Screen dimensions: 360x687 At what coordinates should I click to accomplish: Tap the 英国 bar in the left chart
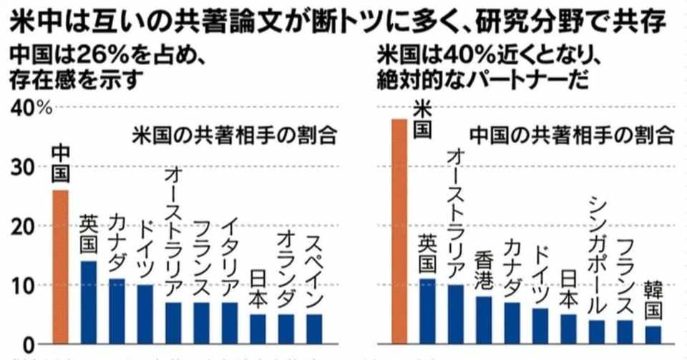89,301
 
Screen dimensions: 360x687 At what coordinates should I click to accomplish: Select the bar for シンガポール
598,331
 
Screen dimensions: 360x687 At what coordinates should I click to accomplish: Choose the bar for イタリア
229,323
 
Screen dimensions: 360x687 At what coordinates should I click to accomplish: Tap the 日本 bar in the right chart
569,329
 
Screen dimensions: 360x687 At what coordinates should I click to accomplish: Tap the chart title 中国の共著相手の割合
572,134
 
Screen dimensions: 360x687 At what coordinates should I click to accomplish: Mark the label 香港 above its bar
484,273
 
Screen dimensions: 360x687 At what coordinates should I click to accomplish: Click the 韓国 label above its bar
653,301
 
